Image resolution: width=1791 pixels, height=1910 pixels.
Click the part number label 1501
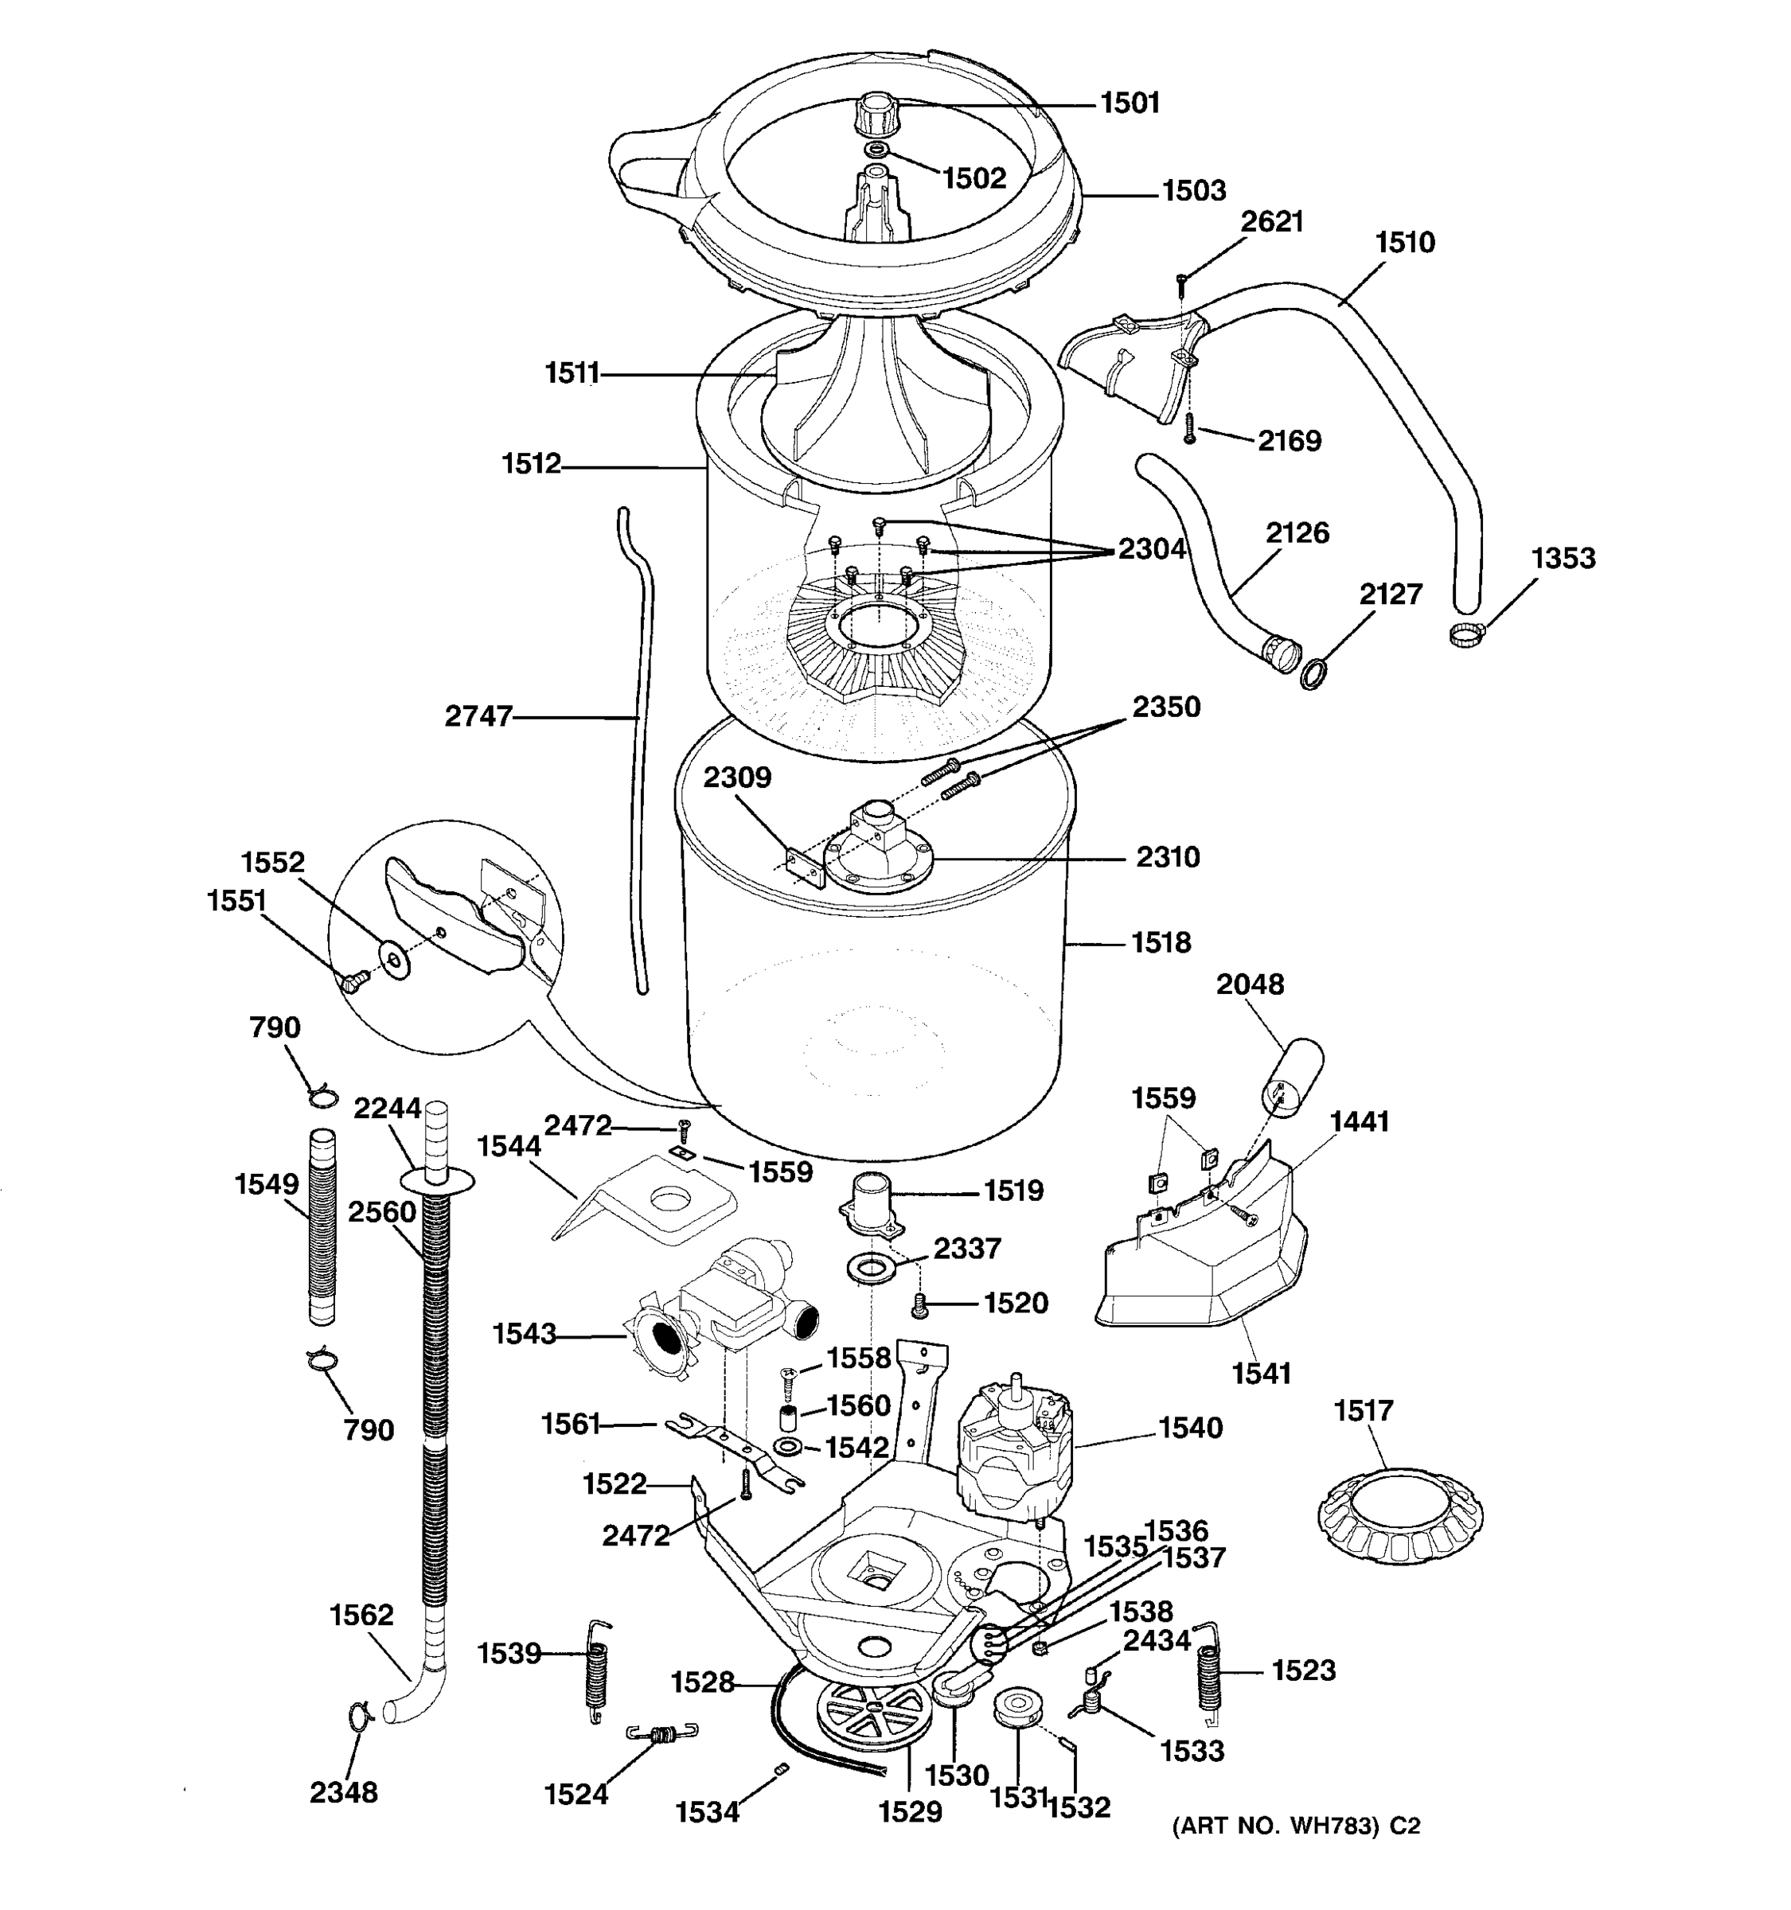click(x=1130, y=103)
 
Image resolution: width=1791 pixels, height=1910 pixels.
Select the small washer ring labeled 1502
click(x=876, y=151)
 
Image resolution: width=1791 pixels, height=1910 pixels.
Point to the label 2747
click(x=478, y=715)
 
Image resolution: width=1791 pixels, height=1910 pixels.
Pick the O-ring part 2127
click(x=1313, y=674)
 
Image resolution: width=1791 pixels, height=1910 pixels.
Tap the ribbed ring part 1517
click(x=1401, y=1516)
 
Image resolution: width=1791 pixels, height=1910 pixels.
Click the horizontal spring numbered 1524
click(x=661, y=1734)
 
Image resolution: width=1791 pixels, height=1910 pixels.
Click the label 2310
click(x=1168, y=856)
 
